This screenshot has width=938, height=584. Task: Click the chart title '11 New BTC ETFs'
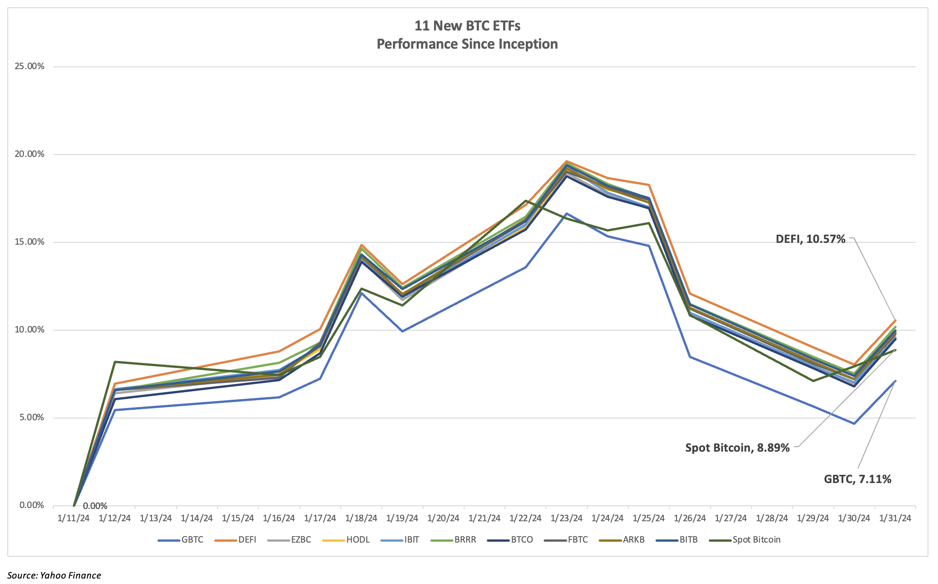click(467, 26)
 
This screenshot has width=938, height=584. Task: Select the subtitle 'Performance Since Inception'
click(467, 44)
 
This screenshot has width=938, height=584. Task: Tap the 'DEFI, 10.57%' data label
click(810, 239)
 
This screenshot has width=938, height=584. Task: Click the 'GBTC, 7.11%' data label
click(857, 479)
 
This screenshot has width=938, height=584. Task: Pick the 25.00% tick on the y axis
click(30, 66)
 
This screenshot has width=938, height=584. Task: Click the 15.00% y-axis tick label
click(30, 242)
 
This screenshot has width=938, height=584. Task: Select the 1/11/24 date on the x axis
click(74, 518)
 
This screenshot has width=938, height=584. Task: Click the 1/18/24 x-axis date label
click(361, 518)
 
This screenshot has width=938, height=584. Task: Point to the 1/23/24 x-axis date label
click(566, 518)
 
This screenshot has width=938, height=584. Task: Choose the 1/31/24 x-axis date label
click(895, 518)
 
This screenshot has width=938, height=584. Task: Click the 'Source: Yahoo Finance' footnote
click(54, 575)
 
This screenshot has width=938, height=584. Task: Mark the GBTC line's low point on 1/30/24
click(854, 423)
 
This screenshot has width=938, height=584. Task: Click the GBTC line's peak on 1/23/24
click(567, 213)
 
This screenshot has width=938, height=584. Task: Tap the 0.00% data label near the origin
click(95, 506)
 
